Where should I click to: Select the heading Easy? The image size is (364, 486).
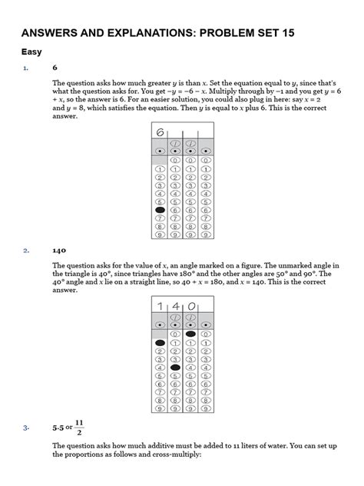31,52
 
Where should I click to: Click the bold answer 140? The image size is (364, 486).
60,251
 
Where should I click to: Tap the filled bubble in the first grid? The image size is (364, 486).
160,210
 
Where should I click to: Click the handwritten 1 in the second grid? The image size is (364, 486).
160,306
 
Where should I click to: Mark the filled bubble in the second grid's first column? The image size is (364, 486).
160,343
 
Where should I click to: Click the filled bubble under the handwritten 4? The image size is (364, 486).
175,368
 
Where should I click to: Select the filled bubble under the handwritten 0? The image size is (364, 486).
190,334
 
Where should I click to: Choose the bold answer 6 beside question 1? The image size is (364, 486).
55,68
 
